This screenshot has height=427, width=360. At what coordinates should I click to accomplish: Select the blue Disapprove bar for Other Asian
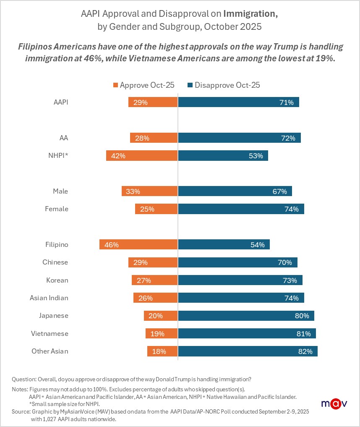248,351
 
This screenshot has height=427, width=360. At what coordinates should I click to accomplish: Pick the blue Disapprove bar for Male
235,191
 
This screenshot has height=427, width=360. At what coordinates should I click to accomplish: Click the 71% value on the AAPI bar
286,102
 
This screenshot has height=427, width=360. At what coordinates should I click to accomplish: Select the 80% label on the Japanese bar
301,316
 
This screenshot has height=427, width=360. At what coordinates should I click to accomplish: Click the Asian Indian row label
49,298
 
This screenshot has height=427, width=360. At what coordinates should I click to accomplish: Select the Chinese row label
55,262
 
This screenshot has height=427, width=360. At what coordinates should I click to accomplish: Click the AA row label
64,138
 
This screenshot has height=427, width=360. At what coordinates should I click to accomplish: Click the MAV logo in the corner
334,403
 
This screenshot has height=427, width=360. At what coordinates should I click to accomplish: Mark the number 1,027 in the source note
56,419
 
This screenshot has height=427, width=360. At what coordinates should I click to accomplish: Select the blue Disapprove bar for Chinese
237,262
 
